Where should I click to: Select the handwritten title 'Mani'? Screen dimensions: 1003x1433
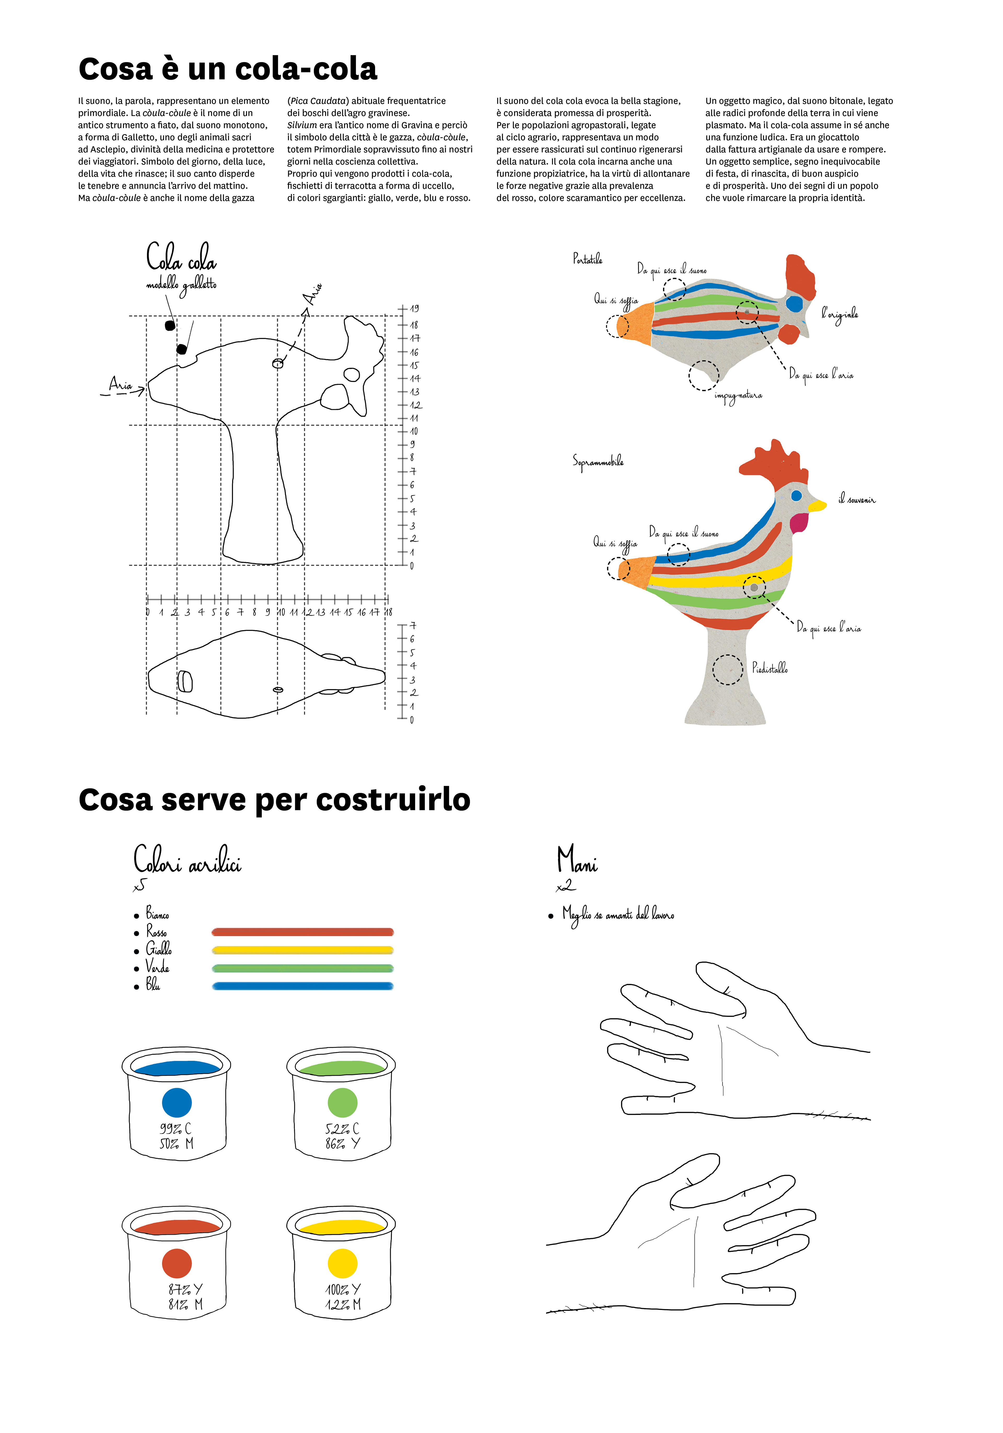pyautogui.click(x=577, y=860)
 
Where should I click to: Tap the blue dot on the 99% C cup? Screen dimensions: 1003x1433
pyautogui.click(x=177, y=1103)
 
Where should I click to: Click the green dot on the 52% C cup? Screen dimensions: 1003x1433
pyautogui.click(x=342, y=1103)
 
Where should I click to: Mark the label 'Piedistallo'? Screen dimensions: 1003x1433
pyautogui.click(x=769, y=668)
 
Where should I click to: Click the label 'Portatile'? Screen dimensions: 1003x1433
pyautogui.click(x=587, y=258)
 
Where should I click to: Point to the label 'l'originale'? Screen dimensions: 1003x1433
pyautogui.click(x=839, y=314)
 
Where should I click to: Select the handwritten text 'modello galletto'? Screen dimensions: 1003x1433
pyautogui.click(x=181, y=285)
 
